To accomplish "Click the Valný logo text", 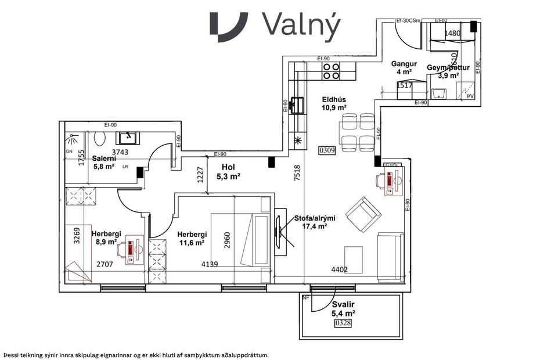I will [x=301, y=26].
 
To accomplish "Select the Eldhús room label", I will [x=334, y=99].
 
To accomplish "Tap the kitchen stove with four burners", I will [x=332, y=71].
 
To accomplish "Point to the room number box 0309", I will [x=327, y=150].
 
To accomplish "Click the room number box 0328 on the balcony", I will [x=343, y=323].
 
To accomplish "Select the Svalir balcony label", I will [x=343, y=304].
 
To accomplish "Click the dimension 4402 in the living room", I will [x=339, y=269].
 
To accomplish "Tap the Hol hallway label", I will [x=228, y=167].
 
